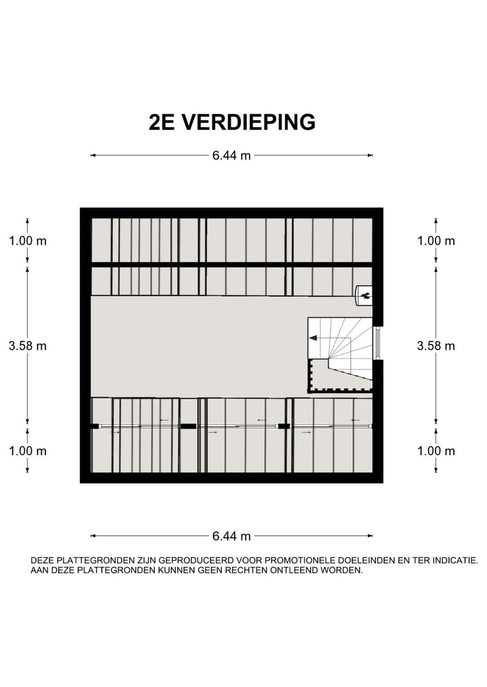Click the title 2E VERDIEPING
point(232,122)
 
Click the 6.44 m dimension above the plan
point(231,155)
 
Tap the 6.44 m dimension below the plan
point(231,536)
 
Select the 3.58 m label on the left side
point(28,345)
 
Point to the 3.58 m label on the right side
point(436,345)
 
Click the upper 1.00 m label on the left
point(28,240)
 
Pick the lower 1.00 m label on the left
point(28,451)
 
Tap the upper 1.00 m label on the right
point(436,240)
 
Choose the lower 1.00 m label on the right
point(436,451)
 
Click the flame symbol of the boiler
point(365,294)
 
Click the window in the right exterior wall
point(378,342)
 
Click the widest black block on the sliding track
point(188,426)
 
